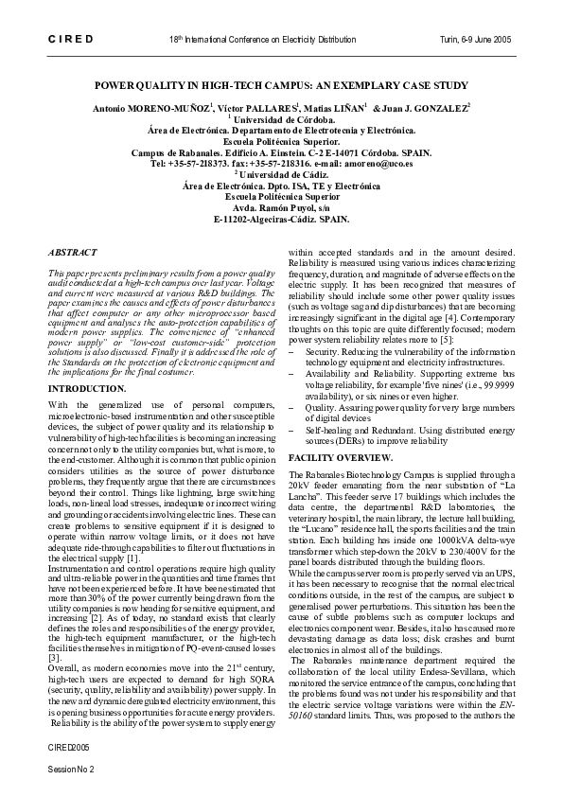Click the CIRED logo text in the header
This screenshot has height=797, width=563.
(68, 41)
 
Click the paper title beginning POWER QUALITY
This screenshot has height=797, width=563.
(281, 84)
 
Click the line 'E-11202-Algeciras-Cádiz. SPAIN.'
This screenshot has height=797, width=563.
(281, 220)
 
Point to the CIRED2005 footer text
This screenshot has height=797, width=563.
(64, 747)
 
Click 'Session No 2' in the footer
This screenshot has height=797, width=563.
(71, 769)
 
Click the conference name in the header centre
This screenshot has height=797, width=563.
(263, 41)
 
